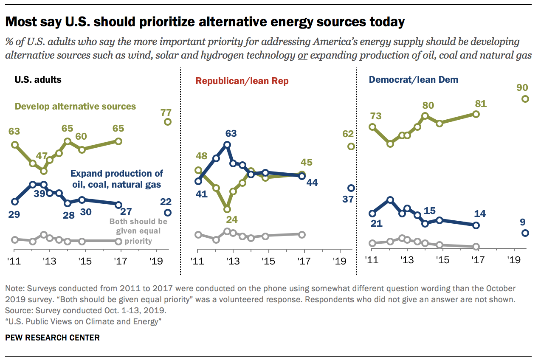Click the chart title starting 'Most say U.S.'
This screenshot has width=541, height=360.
(205, 22)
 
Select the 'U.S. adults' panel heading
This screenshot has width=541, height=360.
(38, 79)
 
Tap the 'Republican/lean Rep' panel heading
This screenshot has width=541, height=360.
(242, 81)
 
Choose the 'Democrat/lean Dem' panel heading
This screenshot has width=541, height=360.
(414, 79)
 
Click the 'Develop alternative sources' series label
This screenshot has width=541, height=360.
(75, 106)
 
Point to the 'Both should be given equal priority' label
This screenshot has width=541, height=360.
(138, 231)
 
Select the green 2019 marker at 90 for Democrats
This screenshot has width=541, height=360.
(525, 99)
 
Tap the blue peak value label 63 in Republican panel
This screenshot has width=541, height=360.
(231, 133)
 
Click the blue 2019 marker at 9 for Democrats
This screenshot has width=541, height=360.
(525, 233)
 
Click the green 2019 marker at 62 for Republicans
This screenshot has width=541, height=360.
(351, 146)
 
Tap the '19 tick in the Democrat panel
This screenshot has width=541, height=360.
(513, 259)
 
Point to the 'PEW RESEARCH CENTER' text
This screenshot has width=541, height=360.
(52, 338)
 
